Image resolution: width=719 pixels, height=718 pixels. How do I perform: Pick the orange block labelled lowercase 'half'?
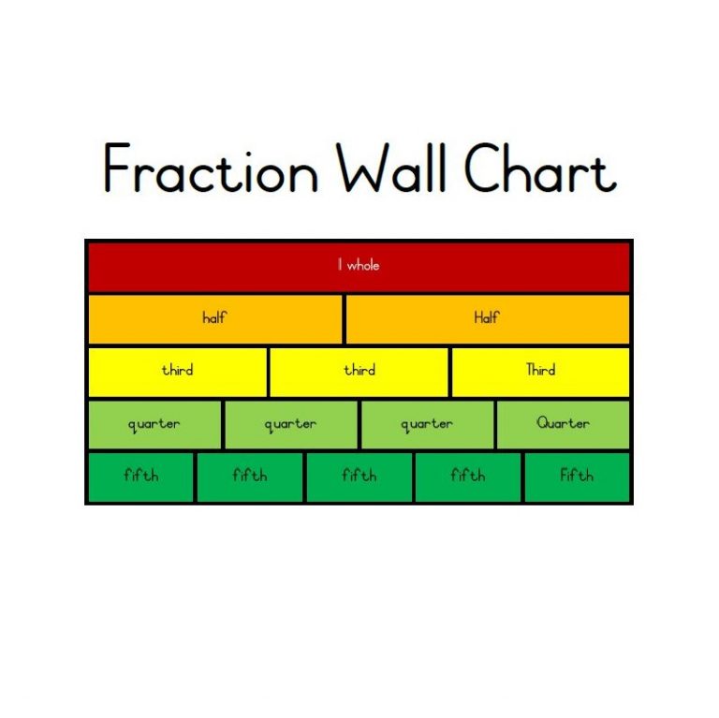[x=214, y=319]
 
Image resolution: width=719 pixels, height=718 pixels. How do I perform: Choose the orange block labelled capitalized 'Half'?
[x=487, y=319]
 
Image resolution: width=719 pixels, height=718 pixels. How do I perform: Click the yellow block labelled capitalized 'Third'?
[x=540, y=372]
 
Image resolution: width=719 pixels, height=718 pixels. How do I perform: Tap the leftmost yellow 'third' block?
[x=177, y=372]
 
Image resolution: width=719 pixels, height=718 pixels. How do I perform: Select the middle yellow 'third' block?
[x=359, y=372]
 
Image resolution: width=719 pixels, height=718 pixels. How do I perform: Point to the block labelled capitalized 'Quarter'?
[x=563, y=424]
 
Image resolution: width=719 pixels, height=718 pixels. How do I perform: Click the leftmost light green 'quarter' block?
[x=154, y=425]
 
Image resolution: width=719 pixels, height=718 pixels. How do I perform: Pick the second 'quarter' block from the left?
[x=290, y=425]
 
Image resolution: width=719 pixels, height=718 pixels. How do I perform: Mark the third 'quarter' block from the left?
[x=427, y=425]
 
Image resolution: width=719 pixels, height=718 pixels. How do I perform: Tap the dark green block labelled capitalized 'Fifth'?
[x=577, y=476]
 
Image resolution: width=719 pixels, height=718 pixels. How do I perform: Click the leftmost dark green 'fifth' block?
[x=140, y=476]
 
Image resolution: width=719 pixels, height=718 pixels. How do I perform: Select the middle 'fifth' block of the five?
[x=359, y=476]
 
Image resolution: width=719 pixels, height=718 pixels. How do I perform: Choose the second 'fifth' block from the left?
[x=249, y=476]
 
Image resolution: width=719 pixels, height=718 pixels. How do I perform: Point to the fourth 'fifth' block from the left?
[x=468, y=476]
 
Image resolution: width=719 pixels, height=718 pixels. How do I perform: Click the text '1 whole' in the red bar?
[x=359, y=266]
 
